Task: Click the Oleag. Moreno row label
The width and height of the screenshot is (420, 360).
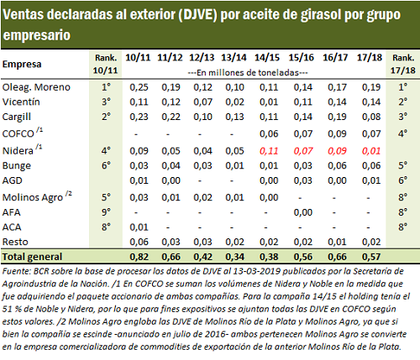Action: (36, 87)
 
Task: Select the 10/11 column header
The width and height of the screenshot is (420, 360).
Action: (138, 58)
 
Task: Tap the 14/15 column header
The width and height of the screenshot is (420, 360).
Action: (267, 58)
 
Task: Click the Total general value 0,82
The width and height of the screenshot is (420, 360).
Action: (139, 257)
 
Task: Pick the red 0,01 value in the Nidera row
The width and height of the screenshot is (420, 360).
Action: (371, 151)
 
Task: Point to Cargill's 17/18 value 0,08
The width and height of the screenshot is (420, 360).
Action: (371, 117)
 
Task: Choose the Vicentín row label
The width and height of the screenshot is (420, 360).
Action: (21, 102)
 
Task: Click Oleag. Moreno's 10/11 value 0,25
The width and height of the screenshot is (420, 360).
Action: (139, 87)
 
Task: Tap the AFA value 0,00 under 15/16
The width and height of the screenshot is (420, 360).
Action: (303, 212)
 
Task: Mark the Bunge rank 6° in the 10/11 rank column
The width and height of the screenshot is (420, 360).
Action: (106, 165)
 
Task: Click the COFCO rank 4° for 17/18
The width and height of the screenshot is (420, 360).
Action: (402, 133)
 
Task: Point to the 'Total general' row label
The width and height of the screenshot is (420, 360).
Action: (32, 257)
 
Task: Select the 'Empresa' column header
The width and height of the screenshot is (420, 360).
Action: (22, 65)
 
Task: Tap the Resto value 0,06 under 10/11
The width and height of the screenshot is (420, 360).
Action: (139, 242)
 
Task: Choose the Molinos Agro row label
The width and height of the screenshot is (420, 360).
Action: (37, 197)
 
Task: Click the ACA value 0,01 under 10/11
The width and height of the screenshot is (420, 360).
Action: (139, 227)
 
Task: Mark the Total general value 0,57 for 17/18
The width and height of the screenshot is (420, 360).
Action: (371, 257)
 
